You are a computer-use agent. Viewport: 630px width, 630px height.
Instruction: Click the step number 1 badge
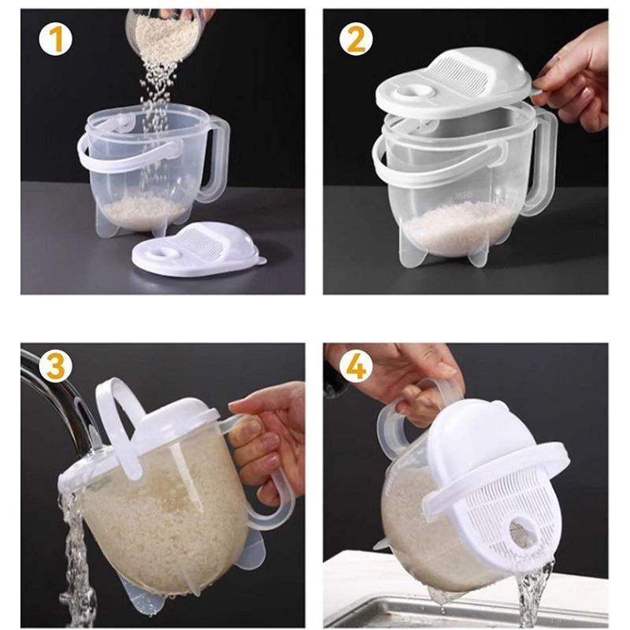click(55, 39)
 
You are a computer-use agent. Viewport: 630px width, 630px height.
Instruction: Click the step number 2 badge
click(356, 39)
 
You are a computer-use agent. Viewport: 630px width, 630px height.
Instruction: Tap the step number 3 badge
click(55, 365)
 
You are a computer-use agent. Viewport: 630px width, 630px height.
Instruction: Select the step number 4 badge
click(356, 366)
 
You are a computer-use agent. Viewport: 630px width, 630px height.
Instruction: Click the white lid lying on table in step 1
click(197, 250)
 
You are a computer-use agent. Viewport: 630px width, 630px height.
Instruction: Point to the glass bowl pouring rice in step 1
click(165, 31)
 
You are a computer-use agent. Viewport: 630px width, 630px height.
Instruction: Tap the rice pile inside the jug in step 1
click(146, 210)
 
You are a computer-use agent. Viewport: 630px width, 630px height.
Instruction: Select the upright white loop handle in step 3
click(118, 425)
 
